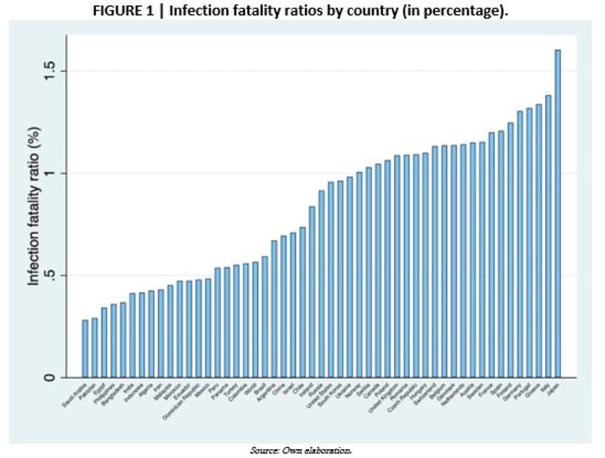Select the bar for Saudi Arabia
(85, 348)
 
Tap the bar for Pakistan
(95, 347)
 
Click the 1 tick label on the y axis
(50, 173)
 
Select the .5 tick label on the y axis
(50, 276)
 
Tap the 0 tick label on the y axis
(50, 378)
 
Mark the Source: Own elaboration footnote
(301, 450)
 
